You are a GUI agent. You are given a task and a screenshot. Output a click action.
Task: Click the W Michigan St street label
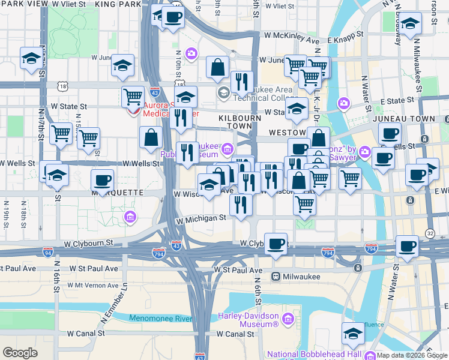tap(200, 220)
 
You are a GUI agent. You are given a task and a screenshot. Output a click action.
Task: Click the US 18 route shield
tap(64, 87)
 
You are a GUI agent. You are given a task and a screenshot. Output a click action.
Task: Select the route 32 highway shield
tap(430, 233)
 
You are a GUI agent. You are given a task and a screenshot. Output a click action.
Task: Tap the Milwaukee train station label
tap(300, 277)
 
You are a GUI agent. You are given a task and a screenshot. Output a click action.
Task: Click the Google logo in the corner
tap(20, 353)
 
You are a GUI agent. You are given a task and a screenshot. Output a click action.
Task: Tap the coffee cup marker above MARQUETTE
tap(103, 179)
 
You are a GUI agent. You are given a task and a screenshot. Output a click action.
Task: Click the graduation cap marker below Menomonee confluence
tap(352, 334)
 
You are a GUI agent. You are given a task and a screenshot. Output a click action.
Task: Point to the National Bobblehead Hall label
tap(314, 354)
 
